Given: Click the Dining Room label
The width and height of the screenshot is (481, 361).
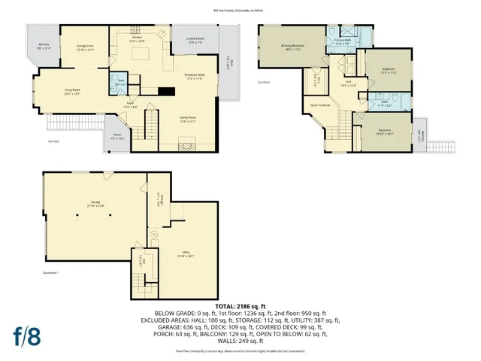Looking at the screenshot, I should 84,47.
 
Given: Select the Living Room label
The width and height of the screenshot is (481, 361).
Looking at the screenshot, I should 72,92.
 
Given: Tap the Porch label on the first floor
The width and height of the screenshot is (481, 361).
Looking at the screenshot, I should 117,138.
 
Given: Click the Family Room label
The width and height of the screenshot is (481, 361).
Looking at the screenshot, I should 187,119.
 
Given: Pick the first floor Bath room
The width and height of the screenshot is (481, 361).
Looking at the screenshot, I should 120,82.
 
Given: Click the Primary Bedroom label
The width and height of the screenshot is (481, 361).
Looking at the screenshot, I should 292,47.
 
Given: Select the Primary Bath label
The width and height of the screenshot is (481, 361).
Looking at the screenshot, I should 343,42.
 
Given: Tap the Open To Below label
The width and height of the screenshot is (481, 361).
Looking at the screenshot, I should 320,105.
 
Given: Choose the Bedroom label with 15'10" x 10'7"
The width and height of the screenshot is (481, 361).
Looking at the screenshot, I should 385,131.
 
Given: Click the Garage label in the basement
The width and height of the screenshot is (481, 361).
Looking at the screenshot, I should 95,204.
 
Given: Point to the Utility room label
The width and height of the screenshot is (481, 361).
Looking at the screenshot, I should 186,253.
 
